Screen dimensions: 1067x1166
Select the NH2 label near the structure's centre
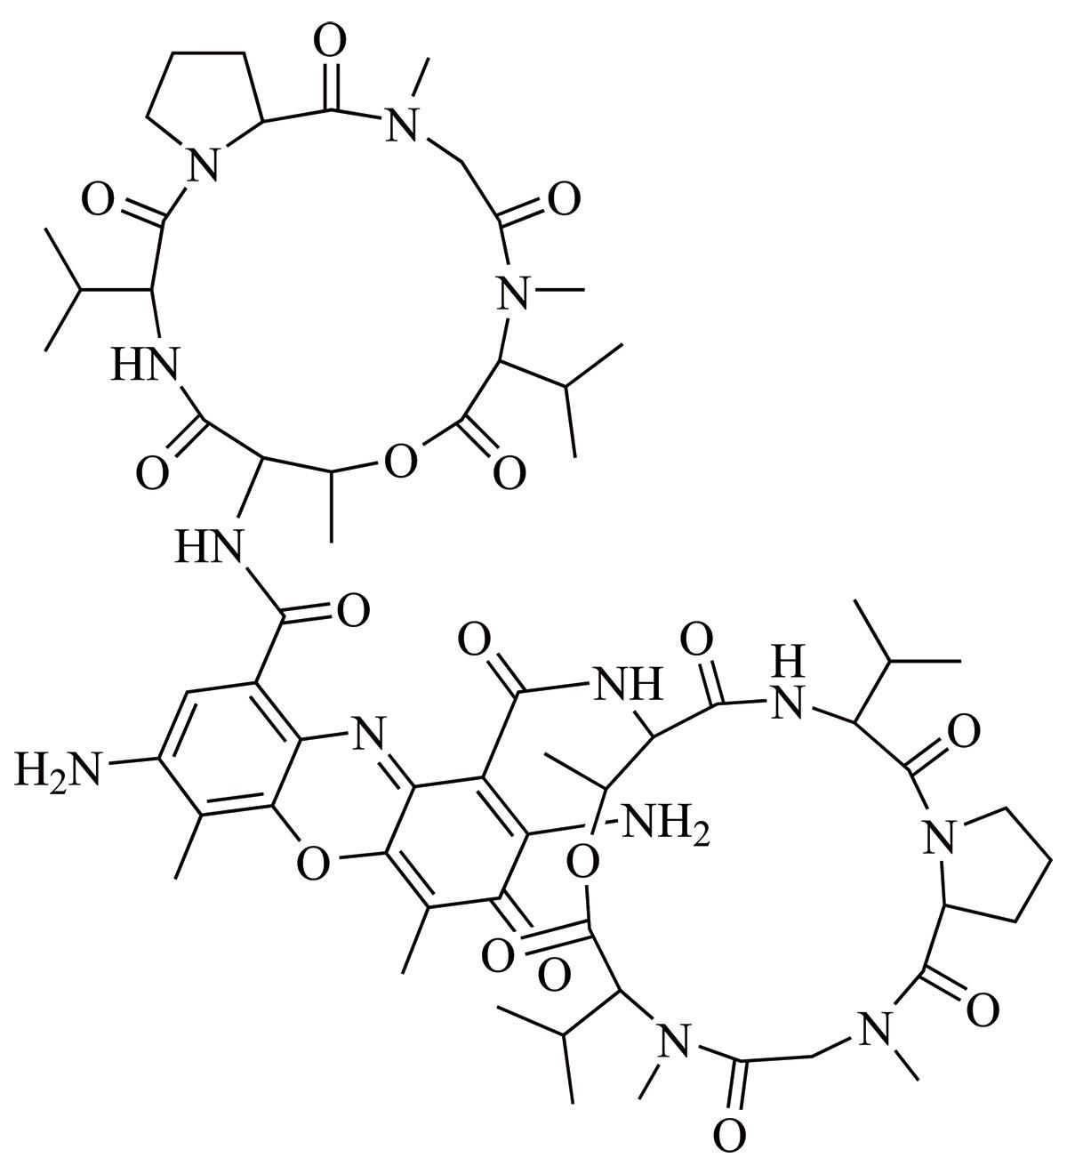tap(666, 824)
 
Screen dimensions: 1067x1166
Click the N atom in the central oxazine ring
tap(370, 733)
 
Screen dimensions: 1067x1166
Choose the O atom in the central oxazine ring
tap(313, 864)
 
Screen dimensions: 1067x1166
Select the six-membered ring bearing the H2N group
tap(229, 750)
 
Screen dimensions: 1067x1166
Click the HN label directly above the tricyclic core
tap(207, 546)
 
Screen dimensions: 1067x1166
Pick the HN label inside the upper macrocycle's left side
tap(145, 364)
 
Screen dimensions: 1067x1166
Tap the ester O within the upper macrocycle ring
tap(401, 461)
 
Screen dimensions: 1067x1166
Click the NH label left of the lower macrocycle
tap(627, 683)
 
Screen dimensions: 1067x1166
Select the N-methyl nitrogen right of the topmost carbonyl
tap(402, 125)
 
